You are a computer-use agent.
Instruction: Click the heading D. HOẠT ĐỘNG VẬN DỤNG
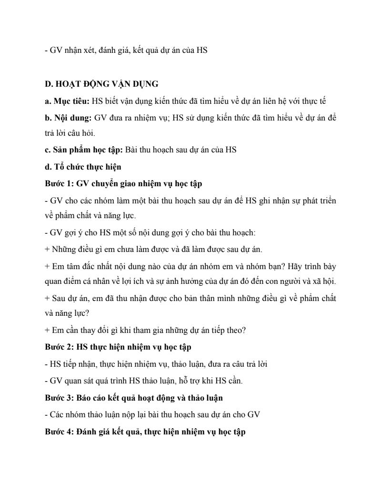(x=101, y=84)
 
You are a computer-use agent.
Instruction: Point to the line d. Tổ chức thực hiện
(x=83, y=166)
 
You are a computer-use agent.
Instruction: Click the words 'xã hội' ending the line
(x=325, y=281)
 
